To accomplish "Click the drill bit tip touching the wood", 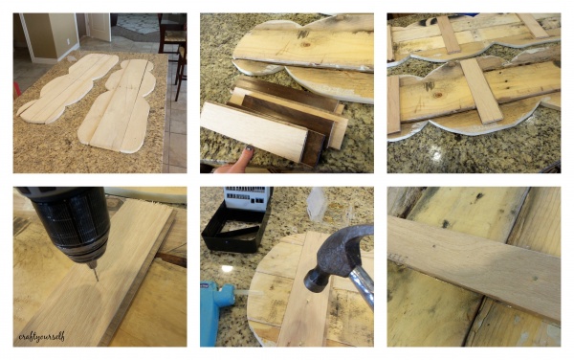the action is click(97, 281).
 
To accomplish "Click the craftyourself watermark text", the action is click(42, 336).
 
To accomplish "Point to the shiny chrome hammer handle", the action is click(363, 285).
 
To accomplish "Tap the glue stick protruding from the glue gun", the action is click(249, 293).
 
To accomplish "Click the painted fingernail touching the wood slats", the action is click(249, 148).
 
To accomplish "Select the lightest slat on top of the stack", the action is click(254, 131).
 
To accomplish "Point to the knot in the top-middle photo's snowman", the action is click(306, 45).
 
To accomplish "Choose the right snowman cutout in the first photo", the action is click(117, 106).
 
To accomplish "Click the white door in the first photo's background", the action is click(99, 27).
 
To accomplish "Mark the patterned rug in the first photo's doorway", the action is click(137, 23).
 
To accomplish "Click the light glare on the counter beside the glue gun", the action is click(227, 268).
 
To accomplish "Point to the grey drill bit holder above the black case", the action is click(246, 198).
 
